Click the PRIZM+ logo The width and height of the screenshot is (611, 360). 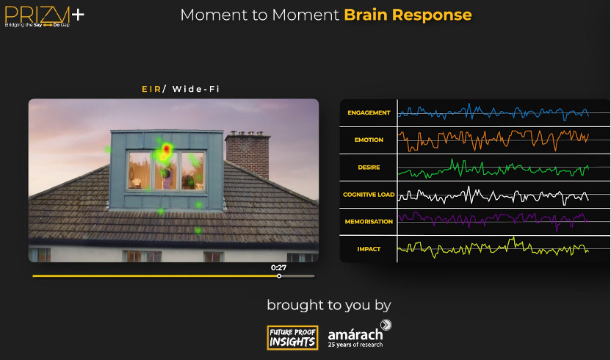(x=44, y=16)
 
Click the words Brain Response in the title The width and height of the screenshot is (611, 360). (x=408, y=15)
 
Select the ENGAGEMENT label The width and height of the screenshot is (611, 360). (x=369, y=112)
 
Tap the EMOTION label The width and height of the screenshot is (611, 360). (x=369, y=140)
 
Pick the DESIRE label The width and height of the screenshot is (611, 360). (x=369, y=168)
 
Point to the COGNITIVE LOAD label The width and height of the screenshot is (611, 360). (x=369, y=194)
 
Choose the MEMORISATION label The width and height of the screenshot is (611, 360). (x=369, y=222)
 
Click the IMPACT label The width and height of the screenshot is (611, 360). (x=369, y=249)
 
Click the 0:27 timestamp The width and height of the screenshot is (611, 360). (x=278, y=267)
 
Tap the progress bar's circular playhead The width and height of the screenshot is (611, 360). (x=279, y=276)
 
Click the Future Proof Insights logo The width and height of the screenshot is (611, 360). (x=292, y=338)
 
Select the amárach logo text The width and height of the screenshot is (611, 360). (x=355, y=334)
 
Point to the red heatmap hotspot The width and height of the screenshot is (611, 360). (x=167, y=148)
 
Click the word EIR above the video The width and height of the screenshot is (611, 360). (x=151, y=90)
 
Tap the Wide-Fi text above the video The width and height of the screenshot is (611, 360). (x=196, y=90)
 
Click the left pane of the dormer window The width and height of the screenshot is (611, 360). (x=140, y=170)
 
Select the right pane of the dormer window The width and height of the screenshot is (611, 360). (x=192, y=171)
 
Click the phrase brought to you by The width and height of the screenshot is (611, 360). (x=329, y=306)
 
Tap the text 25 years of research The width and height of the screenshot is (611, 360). (x=355, y=345)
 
